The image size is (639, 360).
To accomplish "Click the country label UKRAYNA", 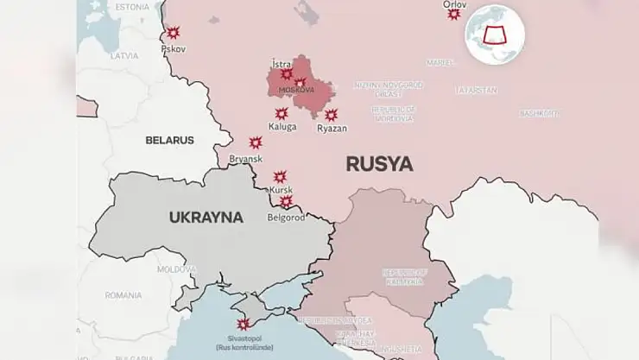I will coord(206,218).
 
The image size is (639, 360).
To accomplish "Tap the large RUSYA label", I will coord(379,163).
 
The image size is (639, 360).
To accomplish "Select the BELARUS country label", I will coord(169,140).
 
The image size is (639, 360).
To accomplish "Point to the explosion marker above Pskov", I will coord(173,33).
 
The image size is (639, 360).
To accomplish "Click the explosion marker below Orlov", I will coord(454,15).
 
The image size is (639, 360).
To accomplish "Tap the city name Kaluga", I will coord(282,127).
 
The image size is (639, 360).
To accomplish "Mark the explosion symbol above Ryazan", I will coord(331,115).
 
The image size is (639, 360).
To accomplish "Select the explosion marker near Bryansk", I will coord(256,142).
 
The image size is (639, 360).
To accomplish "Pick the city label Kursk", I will coord(282,189).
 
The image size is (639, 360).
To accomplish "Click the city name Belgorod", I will coord(286,218).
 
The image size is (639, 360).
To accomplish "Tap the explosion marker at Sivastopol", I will coord(244,325).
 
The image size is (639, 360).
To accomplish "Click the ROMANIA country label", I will coord(123,295).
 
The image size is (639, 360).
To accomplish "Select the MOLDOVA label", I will coord(176,269).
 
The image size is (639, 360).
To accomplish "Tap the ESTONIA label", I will coord(132,7).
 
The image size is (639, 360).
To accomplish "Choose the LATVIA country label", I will coord(124,56).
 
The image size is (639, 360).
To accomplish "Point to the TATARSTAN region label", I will coord(477,90).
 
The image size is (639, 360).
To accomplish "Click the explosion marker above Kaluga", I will coord(282,113).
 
